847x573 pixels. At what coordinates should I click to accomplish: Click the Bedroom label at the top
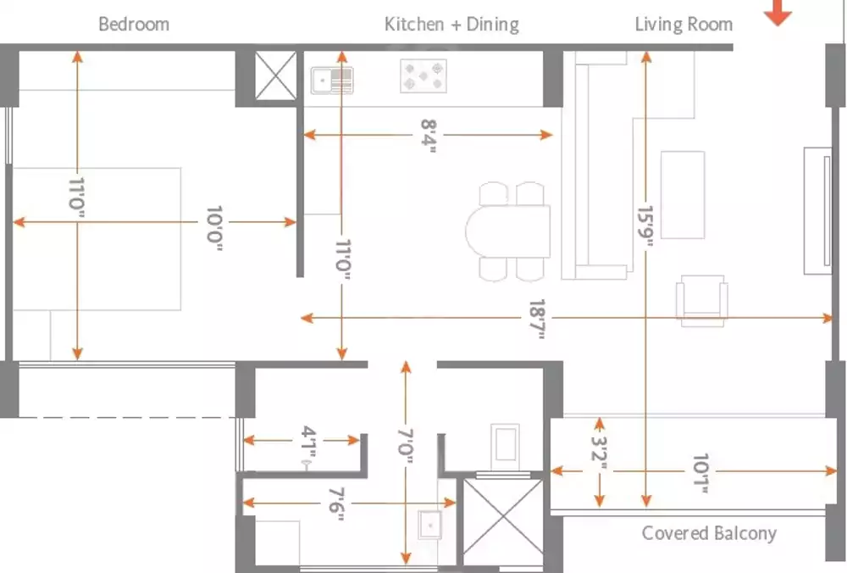coord(134,24)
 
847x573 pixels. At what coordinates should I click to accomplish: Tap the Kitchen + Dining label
coord(451,24)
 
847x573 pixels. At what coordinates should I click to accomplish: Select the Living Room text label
coord(684,24)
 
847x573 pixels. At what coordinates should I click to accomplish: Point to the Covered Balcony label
coord(709,533)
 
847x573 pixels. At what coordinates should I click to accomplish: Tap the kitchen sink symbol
coord(332,81)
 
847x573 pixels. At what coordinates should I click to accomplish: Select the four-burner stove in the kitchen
coord(423,76)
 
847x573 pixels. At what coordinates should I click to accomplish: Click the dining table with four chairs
coord(508,231)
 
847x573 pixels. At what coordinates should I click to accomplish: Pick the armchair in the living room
coord(701,300)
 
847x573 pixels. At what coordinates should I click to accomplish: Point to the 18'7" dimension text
coord(537,318)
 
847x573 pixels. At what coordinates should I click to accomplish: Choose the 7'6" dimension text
coord(336,503)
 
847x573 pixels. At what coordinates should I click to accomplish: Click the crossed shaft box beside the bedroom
coord(277,75)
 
